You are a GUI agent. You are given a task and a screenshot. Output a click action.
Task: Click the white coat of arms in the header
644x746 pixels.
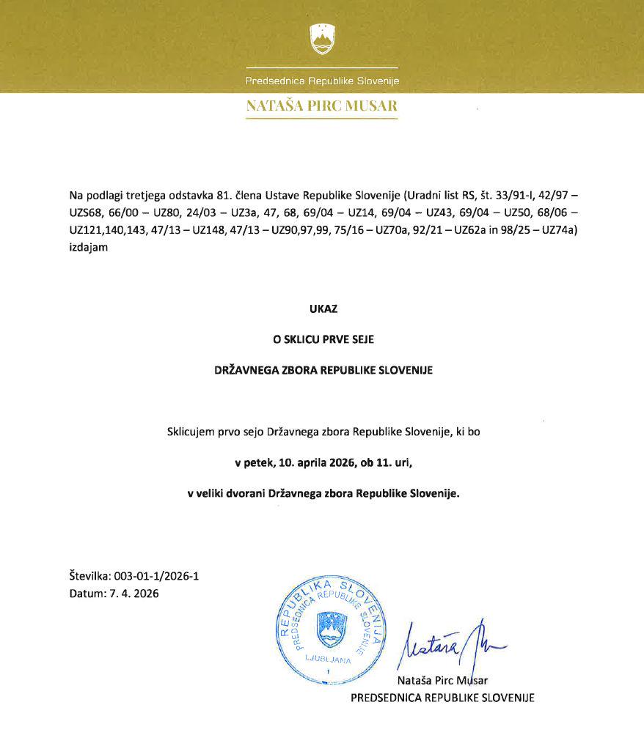pos(322,39)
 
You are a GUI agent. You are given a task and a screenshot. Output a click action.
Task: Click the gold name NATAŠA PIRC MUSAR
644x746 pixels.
pos(322,106)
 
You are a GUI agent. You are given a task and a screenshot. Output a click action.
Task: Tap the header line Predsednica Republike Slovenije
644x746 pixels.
pos(322,81)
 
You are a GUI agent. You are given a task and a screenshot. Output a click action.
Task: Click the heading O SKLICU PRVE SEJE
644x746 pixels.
pos(322,339)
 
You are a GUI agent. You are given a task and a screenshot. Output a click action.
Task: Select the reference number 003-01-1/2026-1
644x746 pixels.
pos(156,576)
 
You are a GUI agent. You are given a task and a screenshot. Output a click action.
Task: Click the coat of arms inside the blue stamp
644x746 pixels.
pos(329,628)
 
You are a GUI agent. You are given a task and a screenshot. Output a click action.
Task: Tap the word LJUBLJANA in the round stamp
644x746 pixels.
pos(329,659)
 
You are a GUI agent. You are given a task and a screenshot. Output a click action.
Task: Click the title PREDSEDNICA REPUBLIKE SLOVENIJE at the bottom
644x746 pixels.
pos(442,698)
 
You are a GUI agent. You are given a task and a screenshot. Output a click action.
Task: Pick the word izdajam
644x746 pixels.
pos(88,248)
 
